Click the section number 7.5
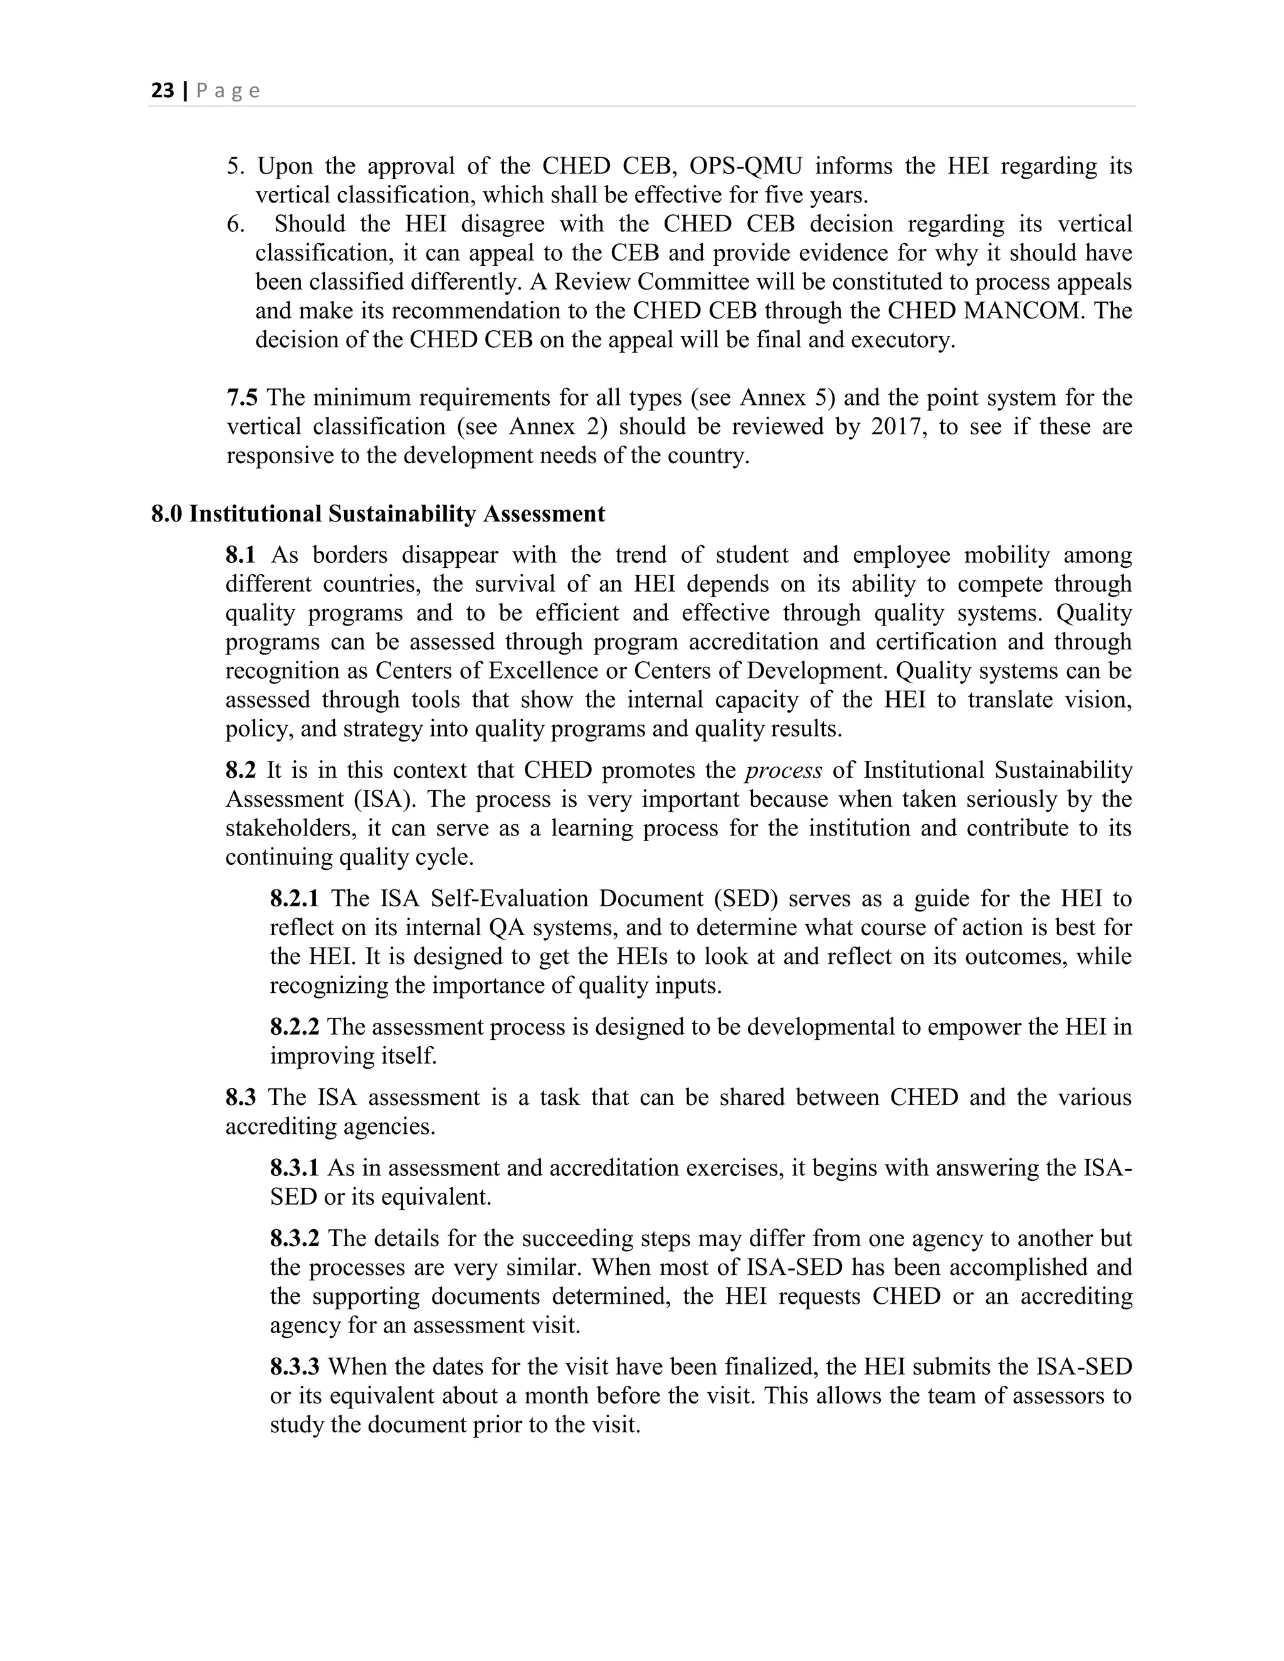(242, 398)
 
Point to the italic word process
(784, 770)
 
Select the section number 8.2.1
(295, 899)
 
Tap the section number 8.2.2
(295, 1027)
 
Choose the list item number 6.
(236, 224)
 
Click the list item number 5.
(236, 166)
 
